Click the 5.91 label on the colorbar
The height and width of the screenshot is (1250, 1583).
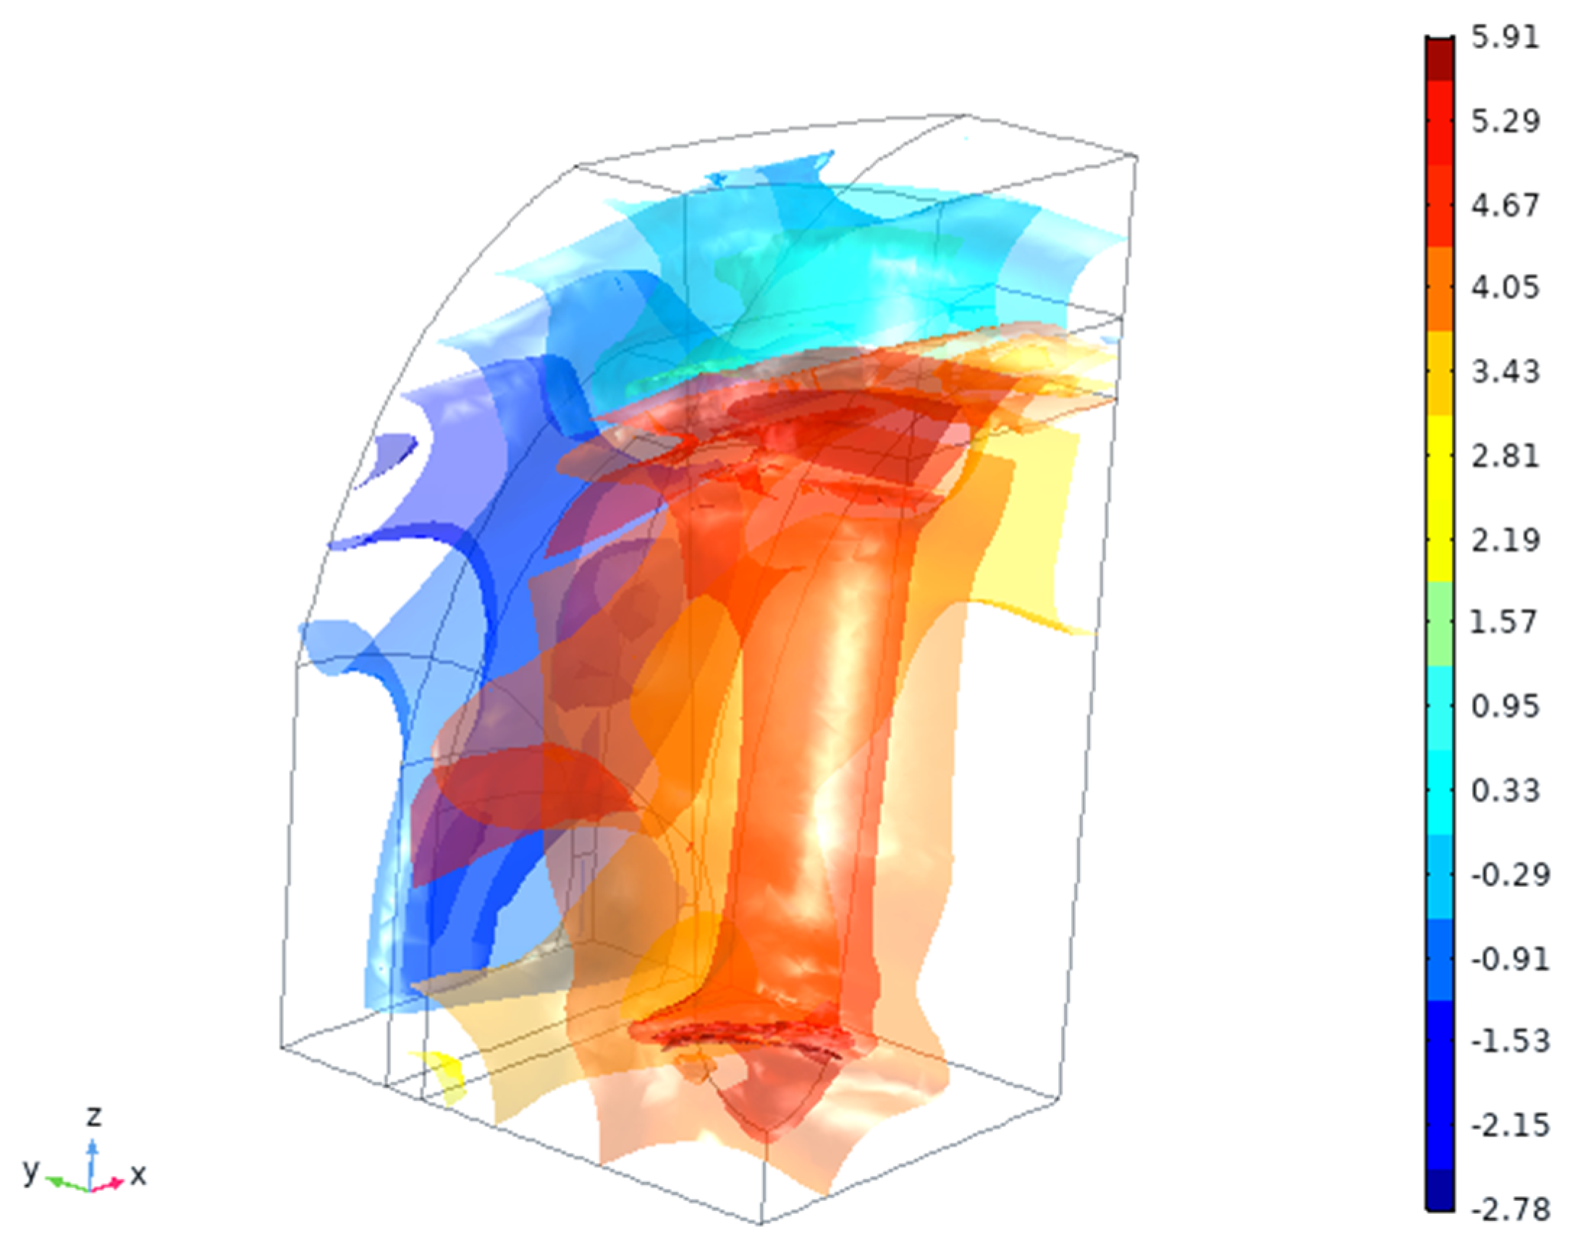(1506, 37)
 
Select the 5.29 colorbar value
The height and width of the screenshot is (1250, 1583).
(1506, 121)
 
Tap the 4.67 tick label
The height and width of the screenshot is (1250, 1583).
(1506, 205)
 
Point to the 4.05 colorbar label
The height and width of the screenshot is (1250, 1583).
(1506, 287)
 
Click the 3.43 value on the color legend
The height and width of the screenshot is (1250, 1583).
(1506, 372)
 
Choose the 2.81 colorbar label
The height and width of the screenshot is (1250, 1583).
(1506, 456)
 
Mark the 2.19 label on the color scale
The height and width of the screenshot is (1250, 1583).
(1506, 540)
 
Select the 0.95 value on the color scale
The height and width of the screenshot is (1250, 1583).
(1506, 706)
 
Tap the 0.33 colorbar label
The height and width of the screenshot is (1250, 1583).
(1506, 791)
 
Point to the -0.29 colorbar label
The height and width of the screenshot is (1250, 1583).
(1510, 875)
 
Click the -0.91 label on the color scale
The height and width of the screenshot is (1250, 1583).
(1510, 958)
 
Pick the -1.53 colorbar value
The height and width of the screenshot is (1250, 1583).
(1510, 1041)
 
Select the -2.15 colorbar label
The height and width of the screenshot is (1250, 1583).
(1510, 1125)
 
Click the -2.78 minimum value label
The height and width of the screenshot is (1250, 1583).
(1510, 1209)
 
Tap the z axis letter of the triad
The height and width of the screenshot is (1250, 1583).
(93, 1117)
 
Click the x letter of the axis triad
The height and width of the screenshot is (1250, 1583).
(138, 1175)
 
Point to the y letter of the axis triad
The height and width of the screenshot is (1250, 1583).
(30, 1171)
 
